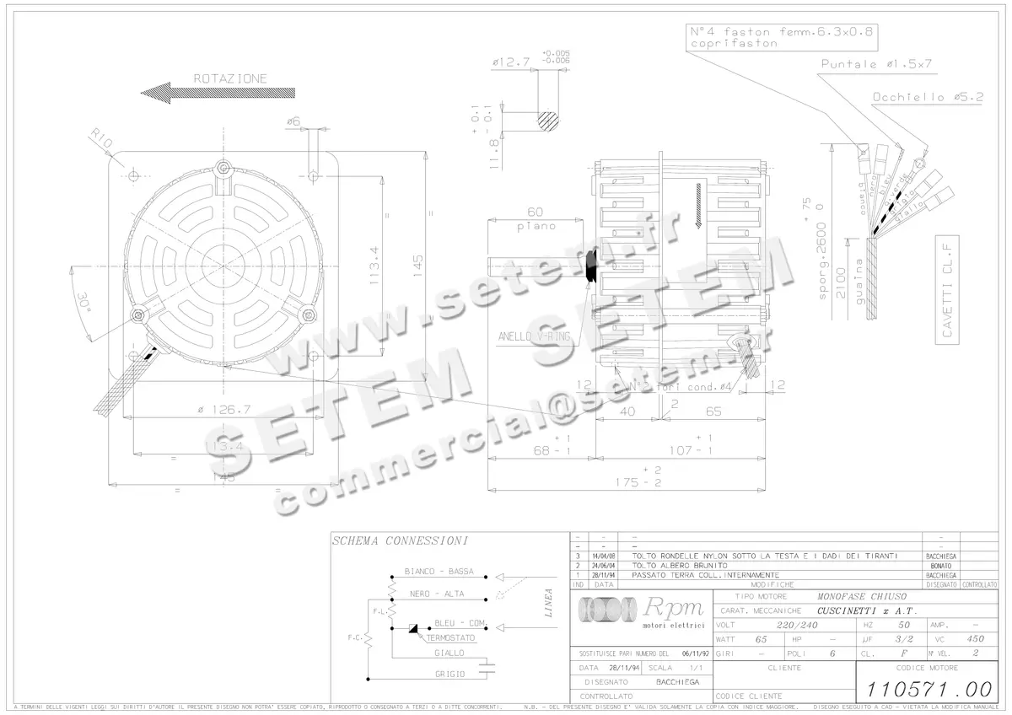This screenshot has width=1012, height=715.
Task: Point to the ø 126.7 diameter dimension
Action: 223,410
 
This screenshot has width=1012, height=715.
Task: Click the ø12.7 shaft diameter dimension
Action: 509,62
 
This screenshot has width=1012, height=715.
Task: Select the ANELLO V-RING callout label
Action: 533,336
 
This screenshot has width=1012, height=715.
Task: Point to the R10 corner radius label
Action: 102,141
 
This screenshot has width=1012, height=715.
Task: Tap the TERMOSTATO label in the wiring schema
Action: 450,638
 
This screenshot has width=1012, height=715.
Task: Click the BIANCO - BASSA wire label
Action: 439,572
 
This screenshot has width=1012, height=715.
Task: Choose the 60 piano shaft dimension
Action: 535,218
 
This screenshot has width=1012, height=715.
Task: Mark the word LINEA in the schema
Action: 549,602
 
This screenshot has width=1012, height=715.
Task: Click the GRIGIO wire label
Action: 449,674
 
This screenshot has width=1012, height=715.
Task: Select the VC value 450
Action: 975,639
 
